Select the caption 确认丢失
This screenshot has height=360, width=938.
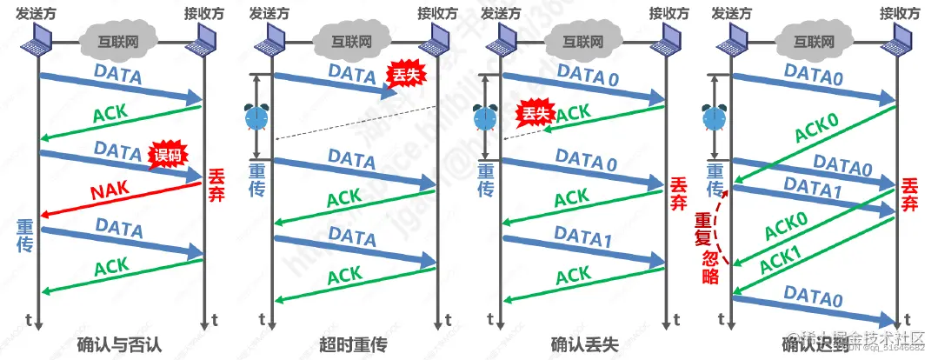[x=585, y=343]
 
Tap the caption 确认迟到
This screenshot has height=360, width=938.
[x=817, y=343]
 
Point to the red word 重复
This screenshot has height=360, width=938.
[x=710, y=224]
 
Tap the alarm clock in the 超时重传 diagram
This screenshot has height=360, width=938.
[x=256, y=117]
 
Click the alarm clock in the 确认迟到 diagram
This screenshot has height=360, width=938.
[x=715, y=117]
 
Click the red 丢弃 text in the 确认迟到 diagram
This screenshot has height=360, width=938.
[x=910, y=194]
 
